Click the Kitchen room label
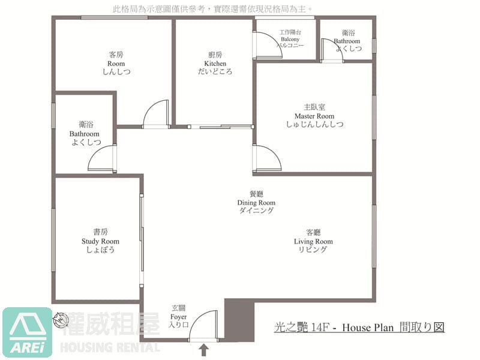pos(215,64)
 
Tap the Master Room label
pos(314,116)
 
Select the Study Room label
pos(100,241)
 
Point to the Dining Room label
pos(256,202)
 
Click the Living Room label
pos(313,241)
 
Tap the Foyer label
pos(178,317)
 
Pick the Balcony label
pos(290,39)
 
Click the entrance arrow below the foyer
pos(204,350)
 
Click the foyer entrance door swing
pos(203,326)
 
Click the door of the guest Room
pos(155,113)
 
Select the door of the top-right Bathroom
pos(332,50)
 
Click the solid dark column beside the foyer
pos(239,320)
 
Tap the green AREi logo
pos(27,332)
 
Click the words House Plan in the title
pos(368,328)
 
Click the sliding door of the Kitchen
pos(220,127)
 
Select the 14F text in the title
pos(320,328)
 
